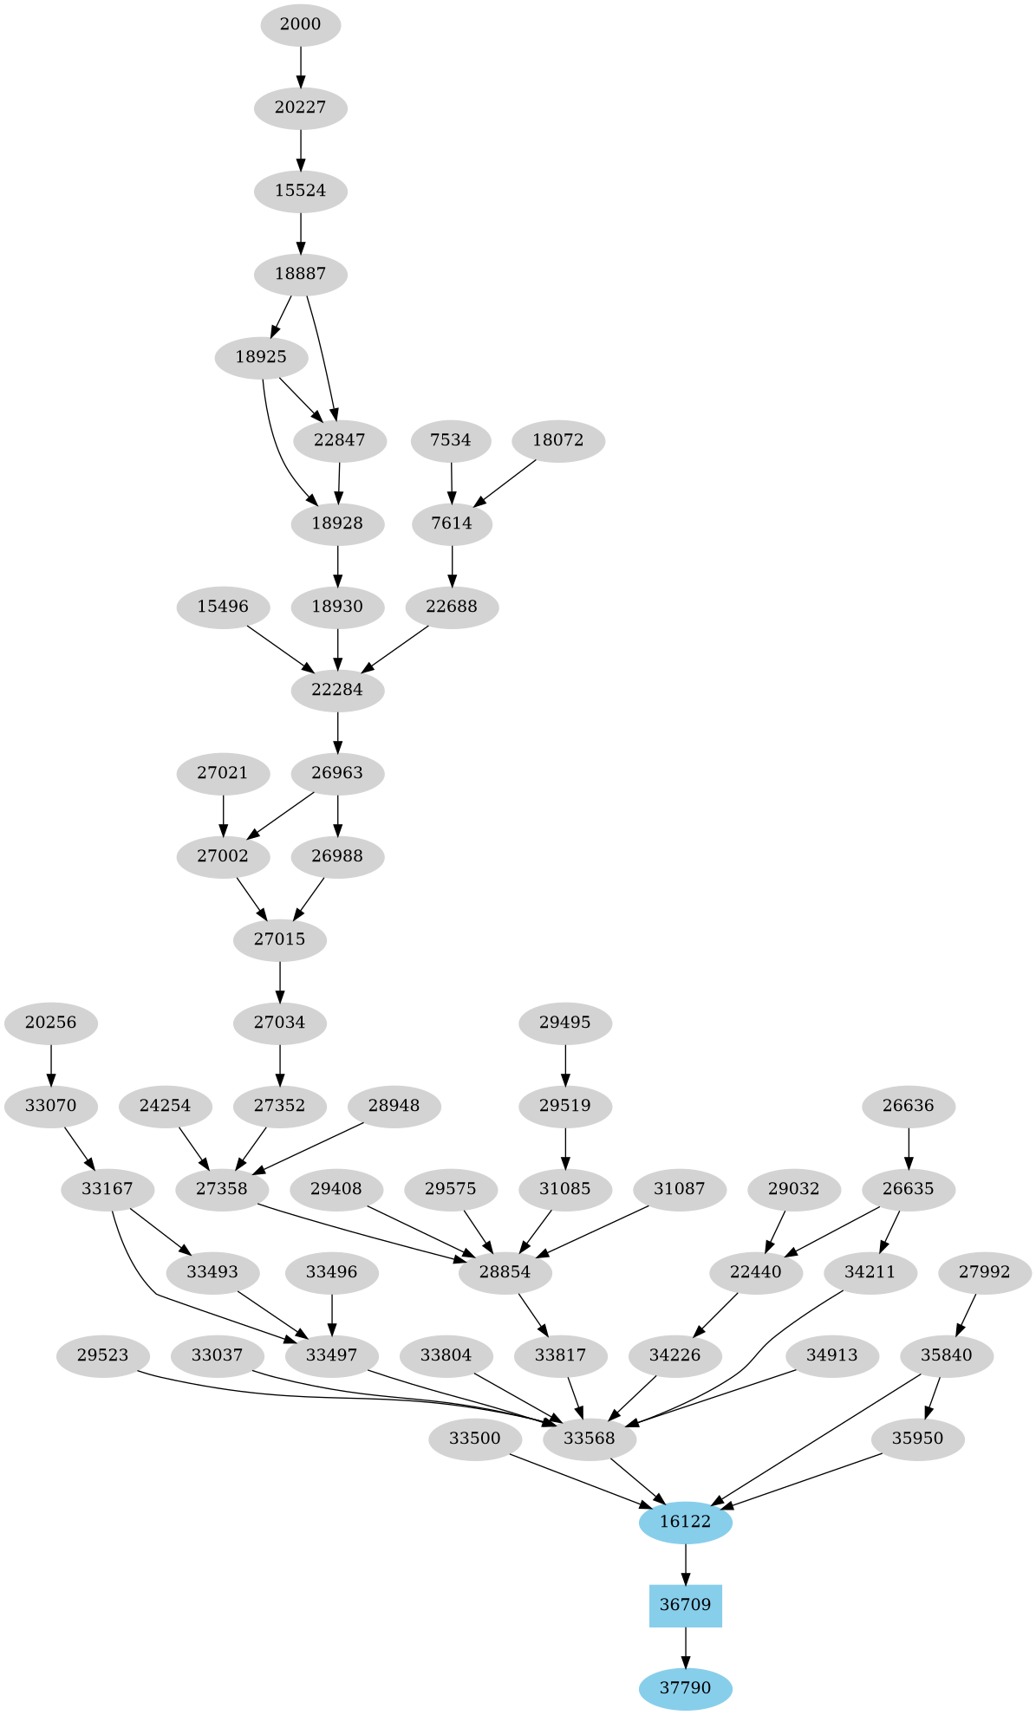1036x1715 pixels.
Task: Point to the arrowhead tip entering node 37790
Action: tap(686, 1668)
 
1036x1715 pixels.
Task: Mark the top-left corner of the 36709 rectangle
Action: tap(650, 1585)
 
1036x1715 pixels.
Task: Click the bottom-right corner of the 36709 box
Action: tap(722, 1627)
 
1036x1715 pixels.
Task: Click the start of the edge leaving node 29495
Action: tap(565, 1044)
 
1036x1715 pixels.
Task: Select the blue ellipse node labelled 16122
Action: tap(686, 1522)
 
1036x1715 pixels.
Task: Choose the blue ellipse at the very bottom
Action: tap(686, 1688)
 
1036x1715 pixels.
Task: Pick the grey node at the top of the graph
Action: tap(301, 24)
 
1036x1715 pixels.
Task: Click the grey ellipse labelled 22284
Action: tap(337, 690)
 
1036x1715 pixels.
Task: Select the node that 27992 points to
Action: tap(947, 1355)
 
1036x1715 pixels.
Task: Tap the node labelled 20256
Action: tap(51, 1023)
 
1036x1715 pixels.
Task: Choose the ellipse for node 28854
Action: tap(505, 1272)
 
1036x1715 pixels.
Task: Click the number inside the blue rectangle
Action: tap(686, 1605)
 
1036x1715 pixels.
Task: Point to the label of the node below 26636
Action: tap(909, 1189)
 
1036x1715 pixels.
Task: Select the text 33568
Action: tap(590, 1439)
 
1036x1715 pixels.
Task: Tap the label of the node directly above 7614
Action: tap(451, 440)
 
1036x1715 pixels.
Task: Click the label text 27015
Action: tap(280, 939)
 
